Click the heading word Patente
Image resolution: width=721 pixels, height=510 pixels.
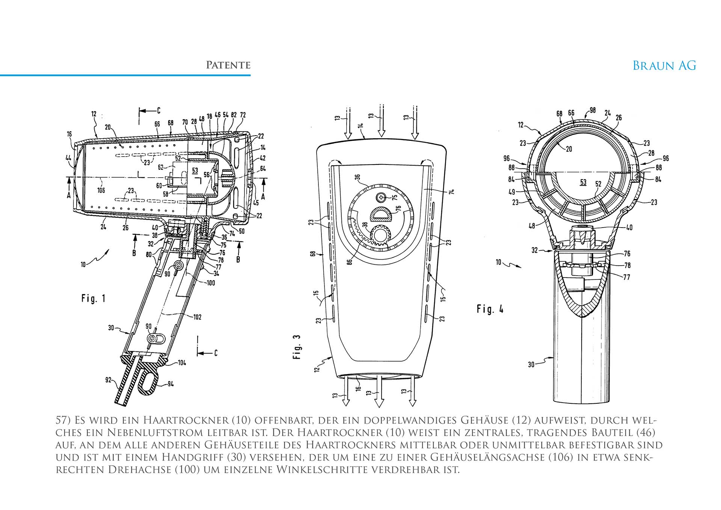coord(228,65)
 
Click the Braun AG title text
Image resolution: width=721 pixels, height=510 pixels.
coord(664,66)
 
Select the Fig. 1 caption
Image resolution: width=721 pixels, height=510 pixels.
coord(94,299)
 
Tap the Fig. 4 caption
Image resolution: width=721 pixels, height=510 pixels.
coord(490,309)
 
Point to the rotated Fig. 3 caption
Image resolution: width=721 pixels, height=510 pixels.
coord(297,347)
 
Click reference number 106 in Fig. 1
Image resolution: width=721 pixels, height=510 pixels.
coord(101,190)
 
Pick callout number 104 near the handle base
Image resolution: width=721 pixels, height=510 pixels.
coord(181,363)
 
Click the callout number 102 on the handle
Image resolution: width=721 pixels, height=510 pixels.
coord(197,317)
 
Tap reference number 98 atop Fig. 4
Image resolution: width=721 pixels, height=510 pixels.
coord(593,110)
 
